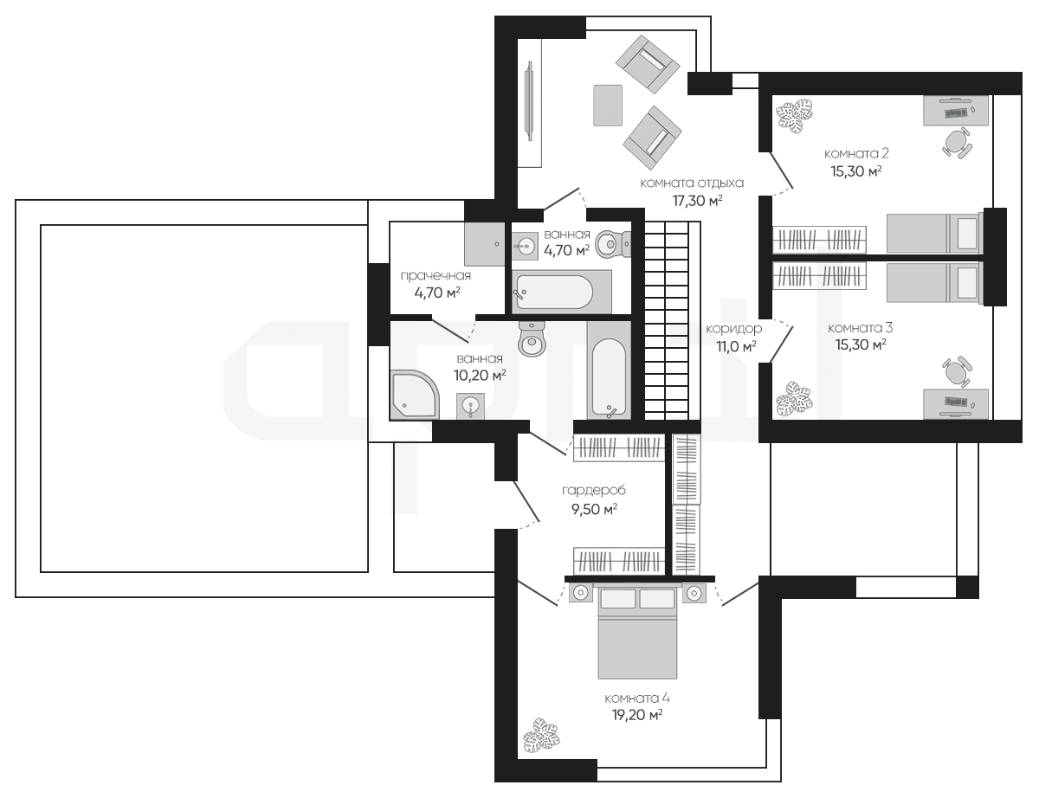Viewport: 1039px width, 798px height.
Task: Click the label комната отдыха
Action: (692, 183)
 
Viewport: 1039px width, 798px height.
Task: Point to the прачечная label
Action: (436, 276)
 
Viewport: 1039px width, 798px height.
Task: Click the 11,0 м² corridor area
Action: (736, 345)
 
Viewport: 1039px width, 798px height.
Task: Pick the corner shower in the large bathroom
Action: (414, 395)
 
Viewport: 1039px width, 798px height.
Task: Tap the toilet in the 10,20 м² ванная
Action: (532, 338)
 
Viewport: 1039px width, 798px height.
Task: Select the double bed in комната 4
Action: (637, 631)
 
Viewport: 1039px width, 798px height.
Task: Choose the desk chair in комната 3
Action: (956, 372)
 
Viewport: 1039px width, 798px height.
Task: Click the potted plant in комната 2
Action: (795, 116)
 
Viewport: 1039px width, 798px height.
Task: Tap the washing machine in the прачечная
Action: (484, 244)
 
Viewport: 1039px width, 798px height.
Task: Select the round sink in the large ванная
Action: (470, 407)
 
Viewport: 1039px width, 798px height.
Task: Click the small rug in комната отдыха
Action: (608, 106)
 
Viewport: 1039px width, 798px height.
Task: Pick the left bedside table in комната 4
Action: (580, 593)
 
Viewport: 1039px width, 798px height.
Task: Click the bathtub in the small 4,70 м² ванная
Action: (562, 292)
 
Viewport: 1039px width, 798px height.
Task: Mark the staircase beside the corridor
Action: (667, 320)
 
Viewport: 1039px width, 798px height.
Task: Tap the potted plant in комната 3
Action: (794, 398)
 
